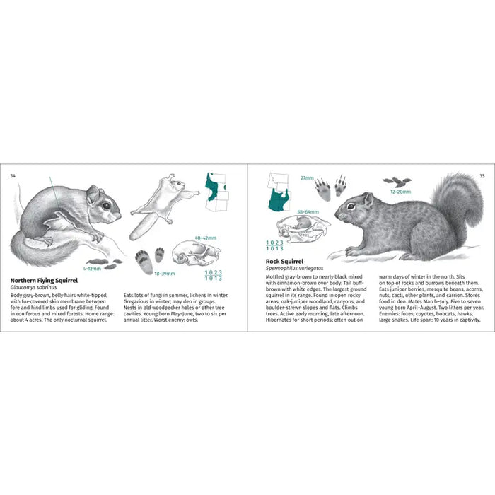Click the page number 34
pos(13,175)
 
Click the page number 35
pos(482,175)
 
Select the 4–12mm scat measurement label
pos(93,269)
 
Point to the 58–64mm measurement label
pos(308,211)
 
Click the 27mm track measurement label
pos(306,178)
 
